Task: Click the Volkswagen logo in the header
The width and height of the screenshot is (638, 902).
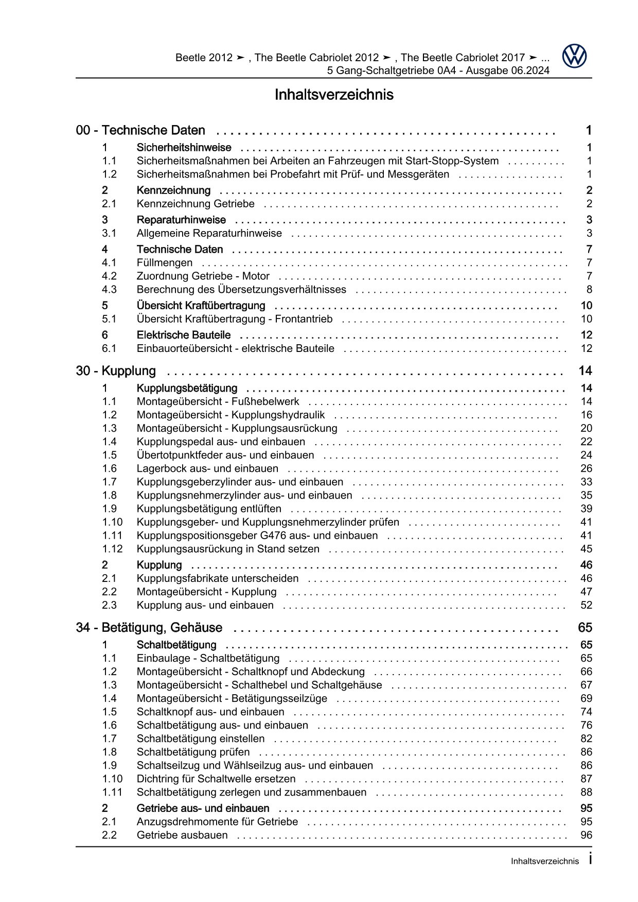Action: [574, 56]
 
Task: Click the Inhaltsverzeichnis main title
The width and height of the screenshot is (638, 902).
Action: [334, 95]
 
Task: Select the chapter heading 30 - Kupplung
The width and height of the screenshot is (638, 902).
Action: [116, 371]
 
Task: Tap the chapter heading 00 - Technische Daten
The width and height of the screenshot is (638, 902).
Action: [140, 131]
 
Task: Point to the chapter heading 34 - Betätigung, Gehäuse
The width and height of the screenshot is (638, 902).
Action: [149, 628]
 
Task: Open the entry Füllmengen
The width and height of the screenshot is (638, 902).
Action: [165, 263]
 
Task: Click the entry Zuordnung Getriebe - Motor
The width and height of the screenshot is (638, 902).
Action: [203, 276]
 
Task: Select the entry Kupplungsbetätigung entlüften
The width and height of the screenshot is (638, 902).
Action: [209, 509]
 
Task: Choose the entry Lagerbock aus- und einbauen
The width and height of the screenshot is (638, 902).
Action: [207, 469]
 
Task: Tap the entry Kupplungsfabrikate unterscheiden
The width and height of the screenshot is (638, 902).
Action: [217, 578]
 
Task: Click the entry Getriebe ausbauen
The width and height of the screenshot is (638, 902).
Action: [182, 835]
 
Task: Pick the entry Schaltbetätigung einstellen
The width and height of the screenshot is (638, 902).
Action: [201, 739]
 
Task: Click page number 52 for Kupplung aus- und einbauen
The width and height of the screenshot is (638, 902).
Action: [586, 605]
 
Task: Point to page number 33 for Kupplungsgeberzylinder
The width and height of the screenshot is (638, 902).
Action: [586, 482]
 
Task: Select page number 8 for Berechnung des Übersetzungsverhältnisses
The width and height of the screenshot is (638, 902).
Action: [589, 290]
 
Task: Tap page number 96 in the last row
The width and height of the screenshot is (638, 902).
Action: [586, 835]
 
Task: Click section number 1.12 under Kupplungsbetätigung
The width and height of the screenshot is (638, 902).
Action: [112, 549]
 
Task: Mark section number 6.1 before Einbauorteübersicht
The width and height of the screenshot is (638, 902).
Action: [109, 349]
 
